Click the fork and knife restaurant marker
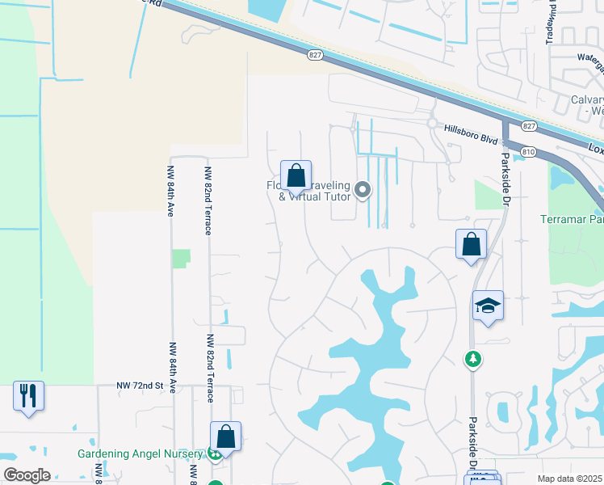click(x=28, y=396)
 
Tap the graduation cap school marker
click(x=488, y=306)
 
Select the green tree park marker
click(x=472, y=357)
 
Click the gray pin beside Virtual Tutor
click(x=363, y=191)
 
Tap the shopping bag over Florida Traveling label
click(x=296, y=175)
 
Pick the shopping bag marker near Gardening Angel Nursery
click(x=226, y=436)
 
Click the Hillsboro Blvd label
click(x=472, y=128)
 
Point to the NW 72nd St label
click(x=145, y=387)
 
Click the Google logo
click(x=27, y=475)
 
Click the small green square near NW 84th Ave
click(x=181, y=259)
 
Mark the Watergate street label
click(x=589, y=57)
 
